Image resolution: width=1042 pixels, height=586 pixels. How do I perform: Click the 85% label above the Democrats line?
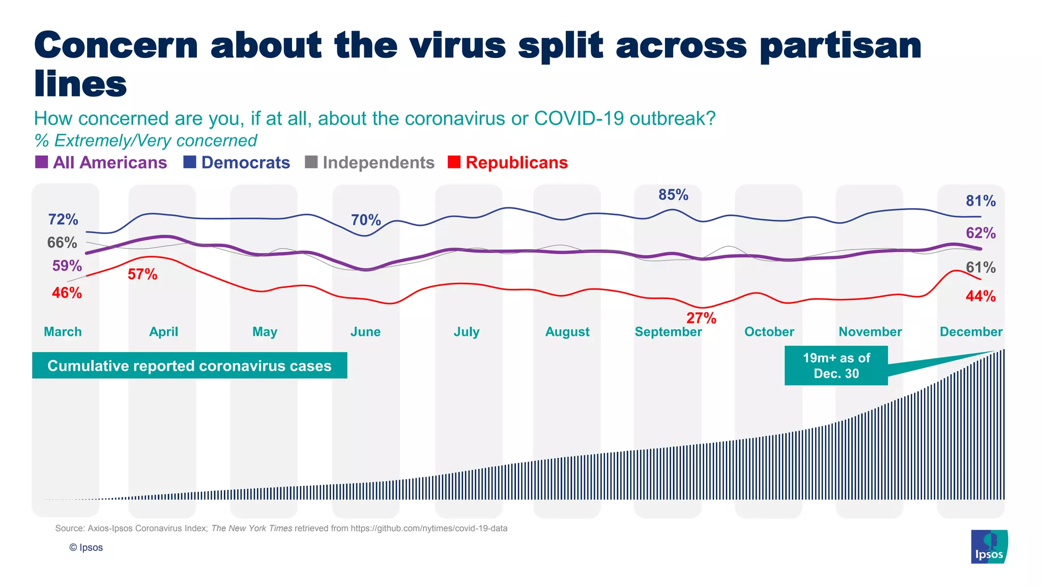pyautogui.click(x=673, y=195)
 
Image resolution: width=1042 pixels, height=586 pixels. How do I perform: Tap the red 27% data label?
pyautogui.click(x=701, y=318)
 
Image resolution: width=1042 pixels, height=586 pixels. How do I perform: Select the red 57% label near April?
pyautogui.click(x=142, y=275)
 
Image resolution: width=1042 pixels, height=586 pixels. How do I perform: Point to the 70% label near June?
pyautogui.click(x=366, y=220)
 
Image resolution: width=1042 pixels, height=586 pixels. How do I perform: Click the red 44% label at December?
pyautogui.click(x=980, y=296)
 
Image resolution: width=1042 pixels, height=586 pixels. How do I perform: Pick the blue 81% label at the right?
pyautogui.click(x=980, y=201)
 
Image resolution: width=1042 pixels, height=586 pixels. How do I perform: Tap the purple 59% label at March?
pyautogui.click(x=67, y=266)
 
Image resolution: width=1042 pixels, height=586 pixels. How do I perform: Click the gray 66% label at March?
pyautogui.click(x=62, y=243)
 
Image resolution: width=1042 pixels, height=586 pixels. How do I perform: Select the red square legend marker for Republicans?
pyautogui.click(x=454, y=162)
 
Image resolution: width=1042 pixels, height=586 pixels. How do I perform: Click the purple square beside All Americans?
pyautogui.click(x=41, y=162)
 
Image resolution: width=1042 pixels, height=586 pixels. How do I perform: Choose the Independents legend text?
pyautogui.click(x=379, y=163)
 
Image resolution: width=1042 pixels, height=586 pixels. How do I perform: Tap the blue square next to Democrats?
pyautogui.click(x=190, y=162)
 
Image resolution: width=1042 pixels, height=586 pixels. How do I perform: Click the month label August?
pyautogui.click(x=567, y=332)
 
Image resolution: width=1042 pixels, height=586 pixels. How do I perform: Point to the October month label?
pyautogui.click(x=769, y=332)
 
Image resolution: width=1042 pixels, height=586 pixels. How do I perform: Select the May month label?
pyautogui.click(x=265, y=332)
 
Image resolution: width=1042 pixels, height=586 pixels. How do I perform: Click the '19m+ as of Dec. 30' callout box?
pyautogui.click(x=836, y=366)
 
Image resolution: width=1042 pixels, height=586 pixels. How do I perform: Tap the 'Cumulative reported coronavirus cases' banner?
pyautogui.click(x=189, y=366)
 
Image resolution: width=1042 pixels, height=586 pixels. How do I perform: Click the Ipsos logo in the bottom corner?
pyautogui.click(x=989, y=547)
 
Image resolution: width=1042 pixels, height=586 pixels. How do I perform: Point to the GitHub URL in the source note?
pyautogui.click(x=429, y=529)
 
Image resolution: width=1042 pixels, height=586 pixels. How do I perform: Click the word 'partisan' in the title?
pyautogui.click(x=841, y=46)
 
